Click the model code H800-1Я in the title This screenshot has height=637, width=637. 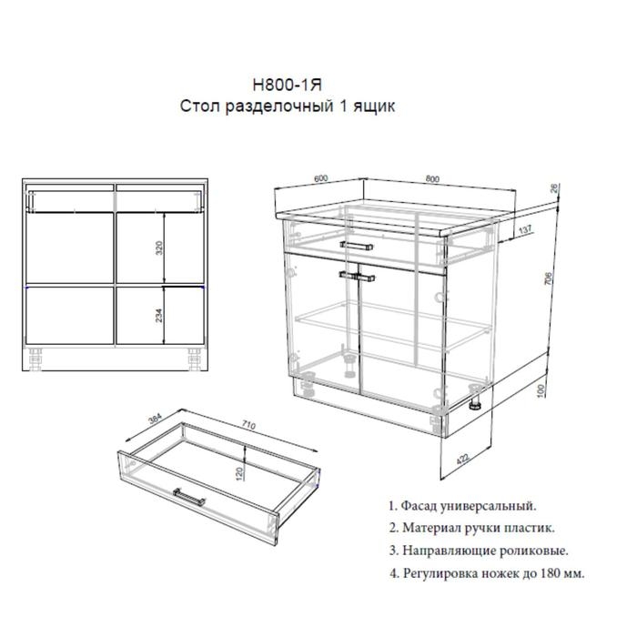pos(288,86)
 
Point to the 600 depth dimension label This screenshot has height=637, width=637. pos(319,178)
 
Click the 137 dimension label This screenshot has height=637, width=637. pos(523,229)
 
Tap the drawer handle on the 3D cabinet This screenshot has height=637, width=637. pos(356,244)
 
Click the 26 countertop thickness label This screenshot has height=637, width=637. pos(555,190)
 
